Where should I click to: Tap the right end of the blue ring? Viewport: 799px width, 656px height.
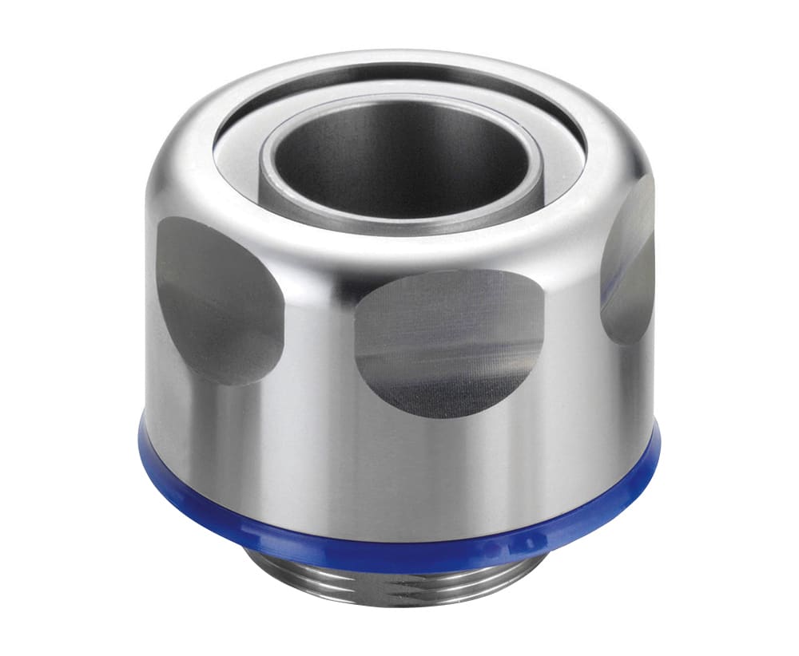click(654, 447)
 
